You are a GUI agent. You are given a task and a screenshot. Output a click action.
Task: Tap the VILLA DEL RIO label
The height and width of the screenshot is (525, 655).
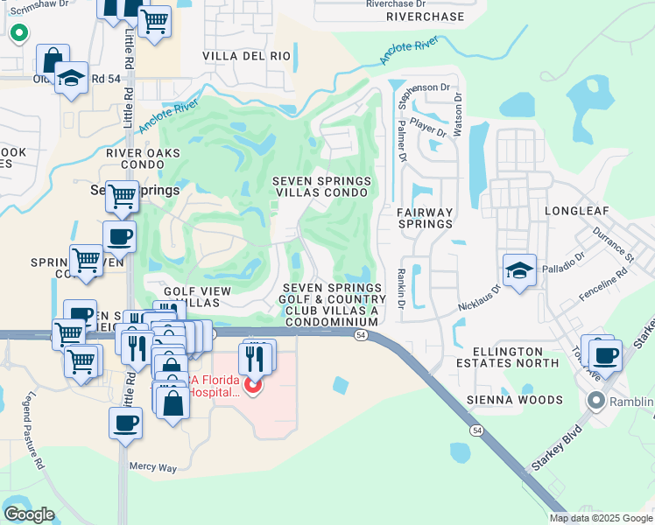(246, 56)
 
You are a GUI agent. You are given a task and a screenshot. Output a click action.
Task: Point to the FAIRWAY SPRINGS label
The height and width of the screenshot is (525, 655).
(425, 218)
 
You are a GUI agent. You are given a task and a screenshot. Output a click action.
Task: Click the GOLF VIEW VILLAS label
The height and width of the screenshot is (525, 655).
(196, 297)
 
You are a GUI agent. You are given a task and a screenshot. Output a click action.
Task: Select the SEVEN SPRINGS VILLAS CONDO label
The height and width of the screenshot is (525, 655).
(321, 187)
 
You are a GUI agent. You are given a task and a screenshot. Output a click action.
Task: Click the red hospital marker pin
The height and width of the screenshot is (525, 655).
(254, 385)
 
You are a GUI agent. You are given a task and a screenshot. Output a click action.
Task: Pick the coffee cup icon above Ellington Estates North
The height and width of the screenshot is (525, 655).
(604, 355)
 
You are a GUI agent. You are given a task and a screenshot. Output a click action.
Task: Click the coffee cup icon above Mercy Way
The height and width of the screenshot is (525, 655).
(126, 423)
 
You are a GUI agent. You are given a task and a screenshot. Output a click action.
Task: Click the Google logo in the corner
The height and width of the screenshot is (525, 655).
(29, 514)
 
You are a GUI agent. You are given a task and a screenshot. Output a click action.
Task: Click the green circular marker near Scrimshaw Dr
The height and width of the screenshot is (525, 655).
(18, 33)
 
